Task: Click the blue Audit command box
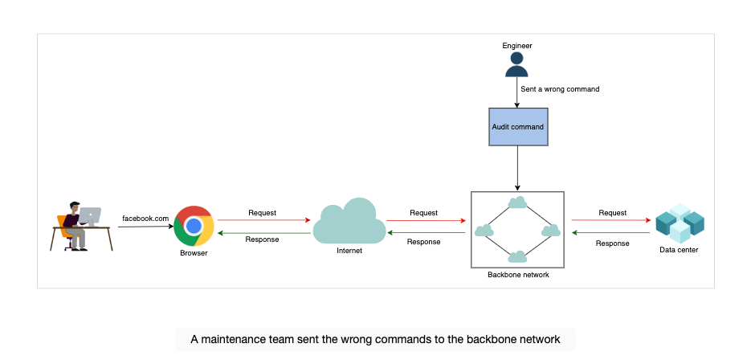518,127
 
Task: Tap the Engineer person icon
516,65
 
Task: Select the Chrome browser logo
194,226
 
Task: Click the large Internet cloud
349,221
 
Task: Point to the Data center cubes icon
680,223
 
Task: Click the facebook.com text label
145,219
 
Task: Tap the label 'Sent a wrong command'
560,89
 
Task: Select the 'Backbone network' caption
518,275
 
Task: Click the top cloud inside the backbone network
517,202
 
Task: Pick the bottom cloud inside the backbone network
517,257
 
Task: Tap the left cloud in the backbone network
484,231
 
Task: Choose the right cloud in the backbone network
551,231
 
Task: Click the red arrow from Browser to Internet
264,220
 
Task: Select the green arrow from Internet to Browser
264,233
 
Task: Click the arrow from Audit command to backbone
518,168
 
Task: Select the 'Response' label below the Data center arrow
612,243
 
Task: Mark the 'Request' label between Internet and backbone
423,213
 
